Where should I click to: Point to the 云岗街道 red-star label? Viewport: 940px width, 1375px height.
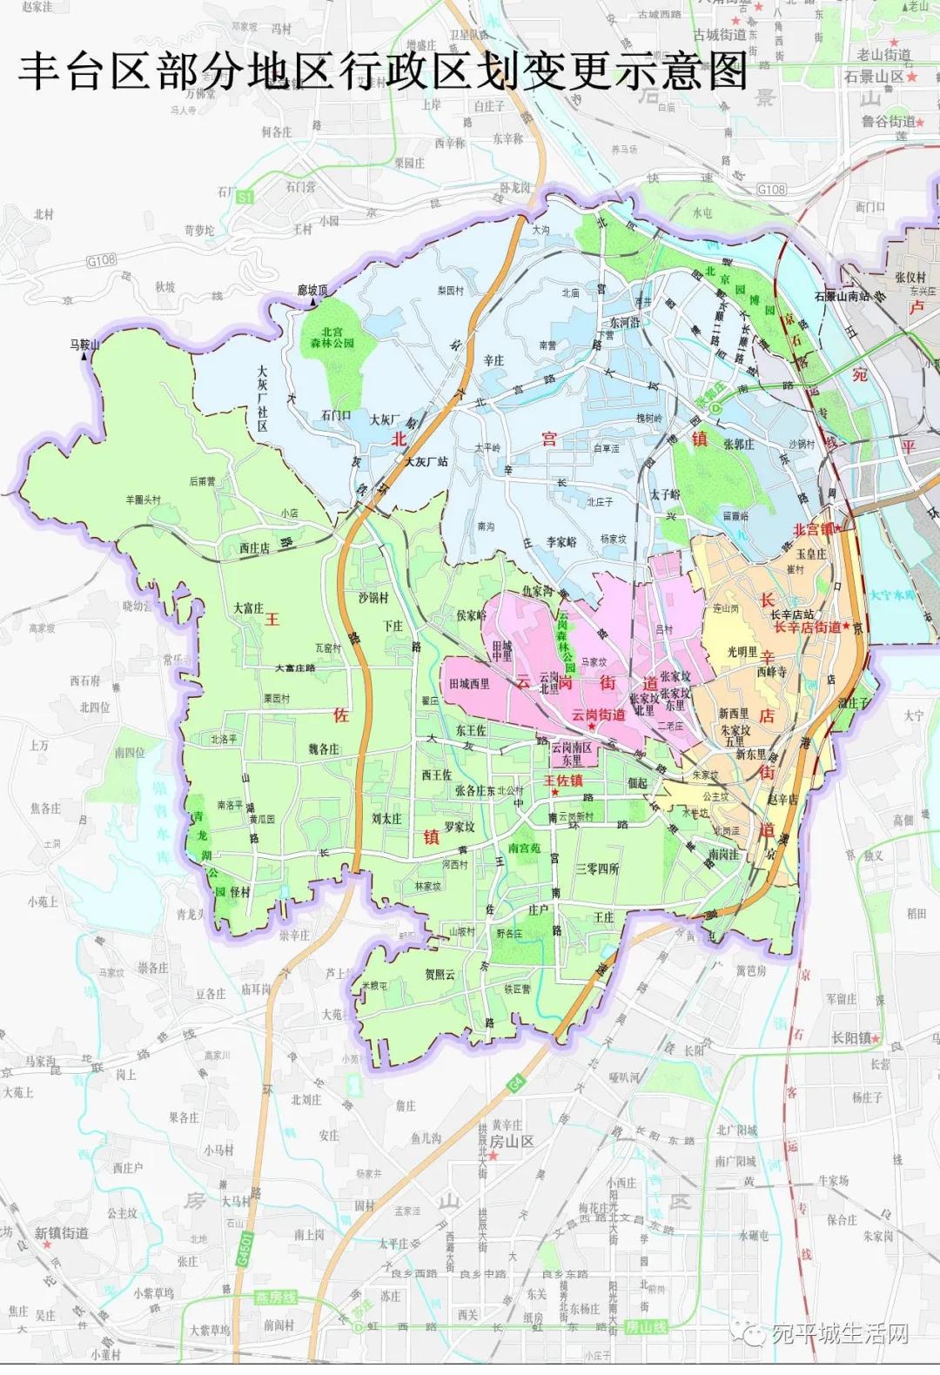click(598, 715)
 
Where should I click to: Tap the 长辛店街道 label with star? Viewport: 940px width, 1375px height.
click(809, 627)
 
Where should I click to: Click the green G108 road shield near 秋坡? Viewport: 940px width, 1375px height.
click(101, 260)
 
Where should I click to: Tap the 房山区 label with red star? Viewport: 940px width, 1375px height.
click(511, 1141)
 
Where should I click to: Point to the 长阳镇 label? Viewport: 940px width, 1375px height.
click(855, 1038)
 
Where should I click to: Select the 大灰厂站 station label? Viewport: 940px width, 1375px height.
click(426, 462)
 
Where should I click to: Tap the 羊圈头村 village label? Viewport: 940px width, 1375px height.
click(144, 500)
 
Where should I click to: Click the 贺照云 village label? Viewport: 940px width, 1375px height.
click(440, 974)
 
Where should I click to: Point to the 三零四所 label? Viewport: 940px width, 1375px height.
click(597, 869)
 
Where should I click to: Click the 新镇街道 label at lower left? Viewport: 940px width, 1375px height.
click(61, 1233)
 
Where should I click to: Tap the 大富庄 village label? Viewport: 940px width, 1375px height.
click(247, 608)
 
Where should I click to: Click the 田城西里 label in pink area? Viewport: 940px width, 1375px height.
click(470, 684)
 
